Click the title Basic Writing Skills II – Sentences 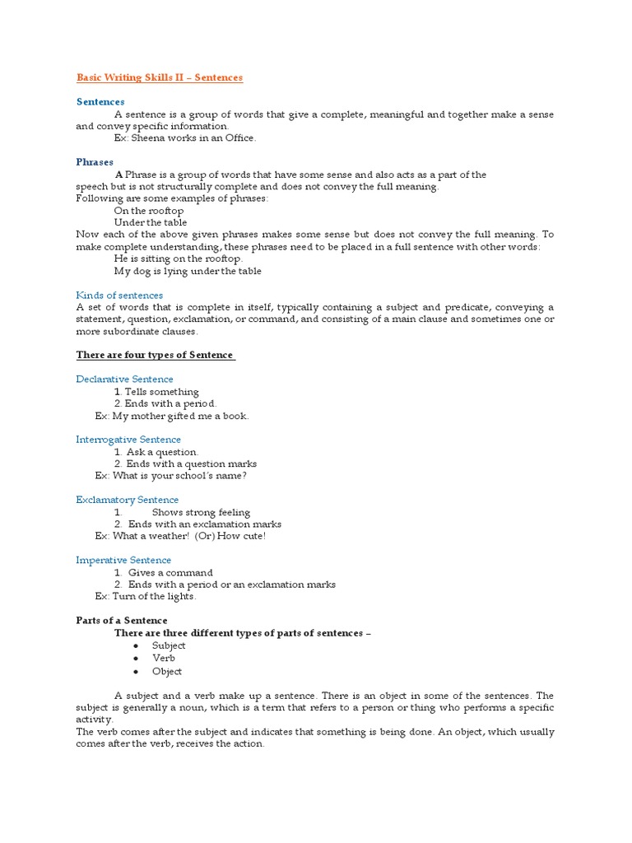pyautogui.click(x=160, y=77)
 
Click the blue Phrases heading pyautogui.click(x=95, y=162)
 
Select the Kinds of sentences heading pyautogui.click(x=119, y=295)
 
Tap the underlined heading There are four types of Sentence pyautogui.click(x=155, y=355)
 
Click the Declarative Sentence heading pyautogui.click(x=124, y=379)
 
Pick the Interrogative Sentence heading pyautogui.click(x=128, y=440)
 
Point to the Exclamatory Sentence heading pyautogui.click(x=127, y=500)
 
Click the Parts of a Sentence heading pyautogui.click(x=122, y=621)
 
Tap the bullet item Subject pyautogui.click(x=169, y=645)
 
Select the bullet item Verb pyautogui.click(x=163, y=658)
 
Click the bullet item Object pyautogui.click(x=167, y=671)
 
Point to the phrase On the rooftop pyautogui.click(x=149, y=211)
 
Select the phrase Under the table pyautogui.click(x=151, y=222)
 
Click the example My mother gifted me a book pyautogui.click(x=180, y=416)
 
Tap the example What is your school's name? pyautogui.click(x=179, y=476)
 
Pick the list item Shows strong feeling pyautogui.click(x=201, y=512)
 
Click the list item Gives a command pyautogui.click(x=170, y=572)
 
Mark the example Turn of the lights pyautogui.click(x=154, y=596)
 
